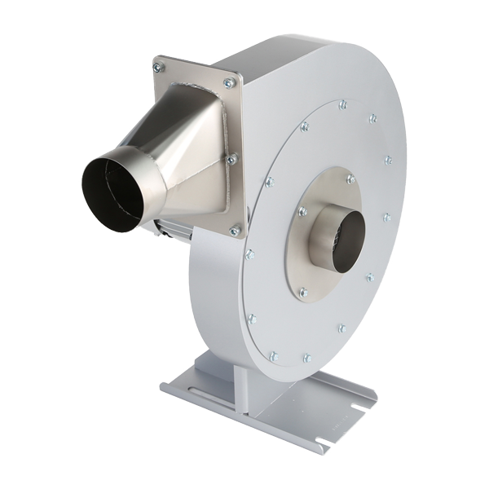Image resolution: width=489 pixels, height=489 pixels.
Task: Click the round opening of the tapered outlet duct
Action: (112, 193)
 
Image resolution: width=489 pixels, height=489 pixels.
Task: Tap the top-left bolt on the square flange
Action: (158, 68)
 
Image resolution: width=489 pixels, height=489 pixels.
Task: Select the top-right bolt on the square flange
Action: (229, 82)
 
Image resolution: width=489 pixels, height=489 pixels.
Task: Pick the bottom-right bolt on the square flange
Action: (235, 231)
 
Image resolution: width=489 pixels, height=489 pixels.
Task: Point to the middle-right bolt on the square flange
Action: (232, 159)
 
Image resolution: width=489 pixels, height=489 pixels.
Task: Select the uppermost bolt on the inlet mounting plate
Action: (350, 178)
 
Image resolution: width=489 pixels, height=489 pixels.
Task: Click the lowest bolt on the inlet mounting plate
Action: (303, 292)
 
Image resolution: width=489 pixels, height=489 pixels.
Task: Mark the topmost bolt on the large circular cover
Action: (343, 104)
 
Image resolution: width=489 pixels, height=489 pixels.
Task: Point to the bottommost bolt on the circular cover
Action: (274, 356)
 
